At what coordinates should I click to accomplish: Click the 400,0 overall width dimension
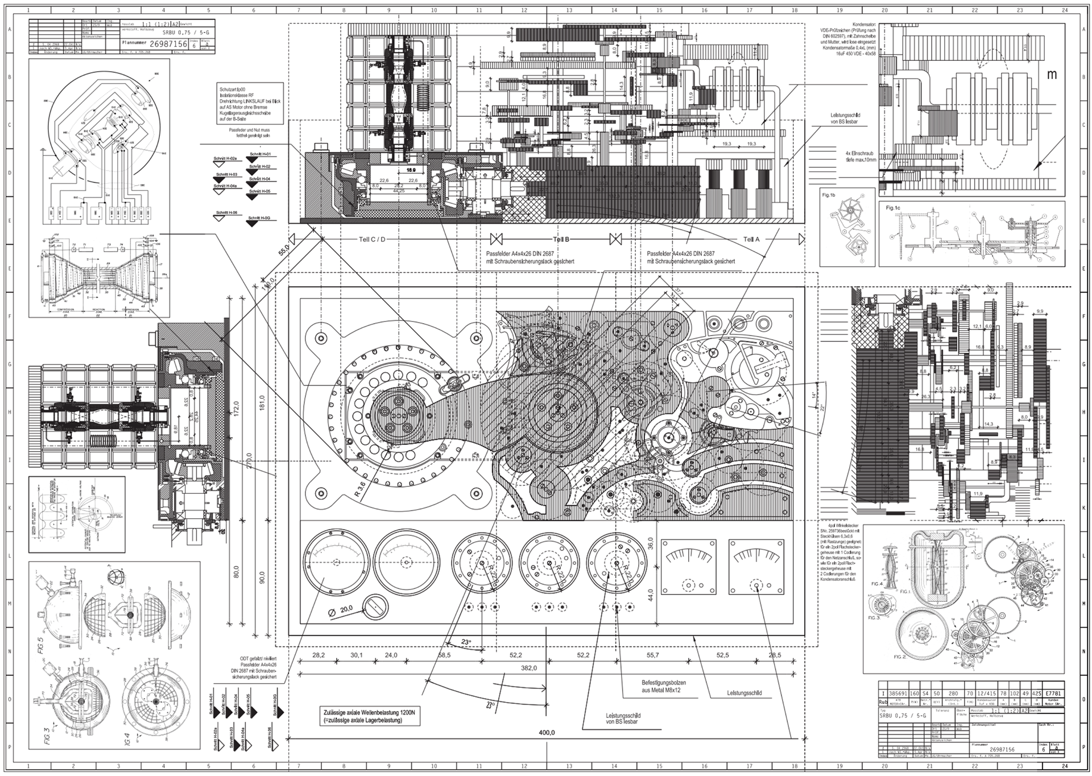point(547,732)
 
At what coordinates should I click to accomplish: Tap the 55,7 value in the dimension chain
point(652,655)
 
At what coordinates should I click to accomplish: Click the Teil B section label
point(561,240)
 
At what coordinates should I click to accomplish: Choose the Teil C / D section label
point(372,240)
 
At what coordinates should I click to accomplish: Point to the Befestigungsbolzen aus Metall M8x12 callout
point(664,686)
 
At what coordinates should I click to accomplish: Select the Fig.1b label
point(829,195)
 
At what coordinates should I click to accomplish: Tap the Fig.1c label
point(893,208)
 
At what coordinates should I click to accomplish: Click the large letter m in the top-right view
point(1052,75)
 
